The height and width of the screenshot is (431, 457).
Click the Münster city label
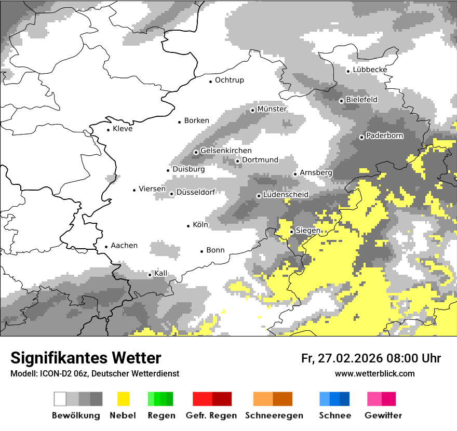tap(272, 110)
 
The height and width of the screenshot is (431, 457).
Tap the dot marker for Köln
tap(189, 226)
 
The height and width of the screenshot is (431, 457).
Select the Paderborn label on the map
tap(384, 136)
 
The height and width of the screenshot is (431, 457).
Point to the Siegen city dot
tap(292, 232)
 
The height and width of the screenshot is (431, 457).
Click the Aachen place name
tap(124, 246)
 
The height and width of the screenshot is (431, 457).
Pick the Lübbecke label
tap(370, 70)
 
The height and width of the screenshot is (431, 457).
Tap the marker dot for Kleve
tap(109, 130)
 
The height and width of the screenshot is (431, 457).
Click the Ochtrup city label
tap(229, 80)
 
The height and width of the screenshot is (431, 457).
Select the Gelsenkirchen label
tap(226, 151)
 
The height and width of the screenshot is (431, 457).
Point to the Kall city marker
tap(150, 275)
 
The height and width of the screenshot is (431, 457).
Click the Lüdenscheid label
tap(286, 195)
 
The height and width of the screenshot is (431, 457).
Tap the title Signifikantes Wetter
tap(86, 358)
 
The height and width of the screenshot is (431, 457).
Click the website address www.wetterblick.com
tap(374, 373)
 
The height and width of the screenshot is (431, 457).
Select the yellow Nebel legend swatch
tap(123, 399)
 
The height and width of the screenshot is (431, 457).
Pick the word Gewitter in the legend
tap(383, 415)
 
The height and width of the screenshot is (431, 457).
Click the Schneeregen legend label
tap(274, 415)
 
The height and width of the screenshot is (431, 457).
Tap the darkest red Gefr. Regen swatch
tap(222, 399)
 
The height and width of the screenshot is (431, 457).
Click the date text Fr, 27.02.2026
tap(341, 358)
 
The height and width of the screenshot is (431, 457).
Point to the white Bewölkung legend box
tap(60, 399)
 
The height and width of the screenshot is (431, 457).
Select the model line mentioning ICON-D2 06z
tap(95, 374)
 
